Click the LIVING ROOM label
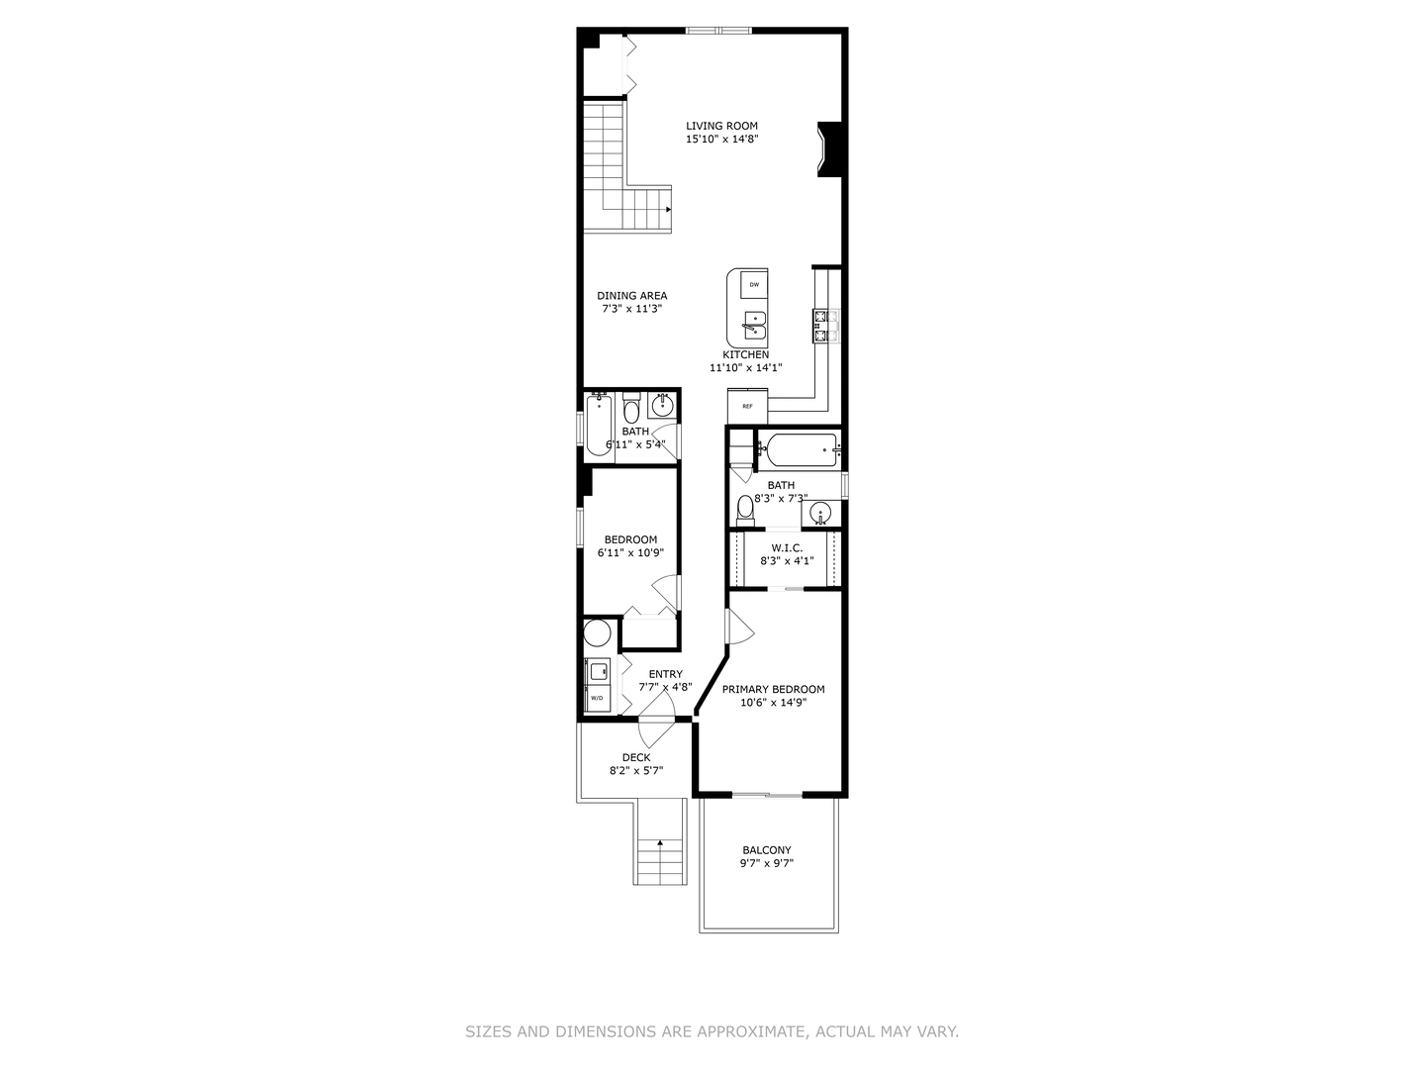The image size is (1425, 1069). click(721, 126)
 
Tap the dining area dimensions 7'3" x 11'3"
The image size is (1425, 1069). click(631, 309)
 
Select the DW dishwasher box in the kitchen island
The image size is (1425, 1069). click(754, 285)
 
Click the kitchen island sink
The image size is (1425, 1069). click(753, 323)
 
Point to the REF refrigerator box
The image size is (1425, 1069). click(747, 406)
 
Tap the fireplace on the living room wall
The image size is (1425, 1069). click(828, 148)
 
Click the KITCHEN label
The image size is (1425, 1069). click(745, 354)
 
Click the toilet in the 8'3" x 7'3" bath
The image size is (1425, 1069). click(746, 510)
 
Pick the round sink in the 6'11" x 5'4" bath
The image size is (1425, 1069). click(662, 405)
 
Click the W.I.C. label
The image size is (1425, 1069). click(787, 547)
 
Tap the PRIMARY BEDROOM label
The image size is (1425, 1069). click(773, 689)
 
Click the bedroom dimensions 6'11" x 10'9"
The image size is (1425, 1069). click(630, 553)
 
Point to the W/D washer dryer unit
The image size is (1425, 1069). click(598, 686)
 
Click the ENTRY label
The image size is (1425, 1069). click(665, 674)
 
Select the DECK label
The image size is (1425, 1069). click(636, 757)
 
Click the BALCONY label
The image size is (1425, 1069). click(767, 850)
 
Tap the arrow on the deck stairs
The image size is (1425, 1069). click(660, 843)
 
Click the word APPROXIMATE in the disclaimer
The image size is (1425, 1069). click(751, 1031)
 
